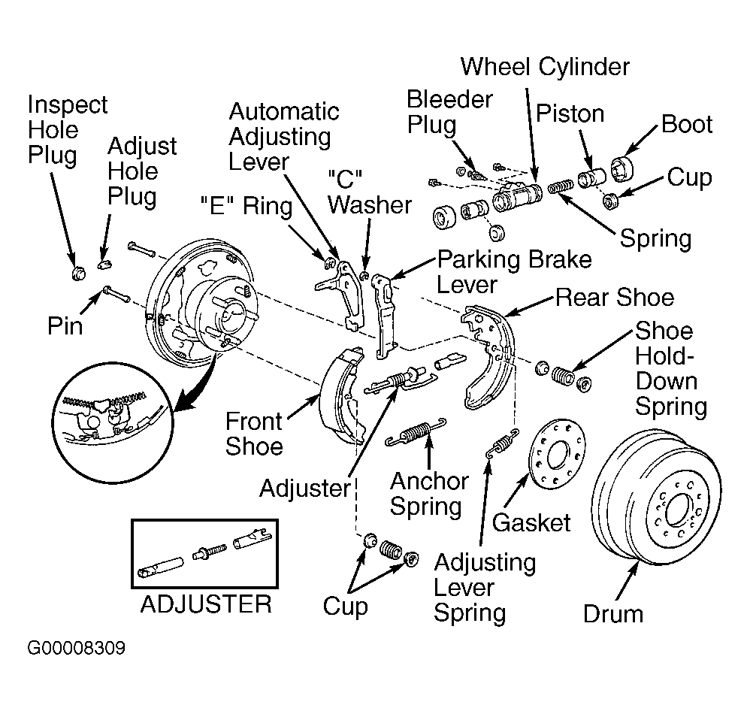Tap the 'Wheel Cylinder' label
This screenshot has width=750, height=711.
545,66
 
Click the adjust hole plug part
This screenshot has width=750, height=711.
104,263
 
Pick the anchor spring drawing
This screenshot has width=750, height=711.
416,432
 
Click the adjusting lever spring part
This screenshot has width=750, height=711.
502,444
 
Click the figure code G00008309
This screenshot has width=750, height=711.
77,649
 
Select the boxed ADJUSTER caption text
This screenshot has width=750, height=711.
206,604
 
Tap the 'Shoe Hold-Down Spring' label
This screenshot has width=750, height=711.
671,368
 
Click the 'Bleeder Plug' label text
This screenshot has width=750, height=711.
449,112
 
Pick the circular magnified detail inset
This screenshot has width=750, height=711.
113,423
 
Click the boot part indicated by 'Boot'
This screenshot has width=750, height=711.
622,168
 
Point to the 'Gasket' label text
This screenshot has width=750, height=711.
531,522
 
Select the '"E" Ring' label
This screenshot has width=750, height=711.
246,206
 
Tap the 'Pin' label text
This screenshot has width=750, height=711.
65,326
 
